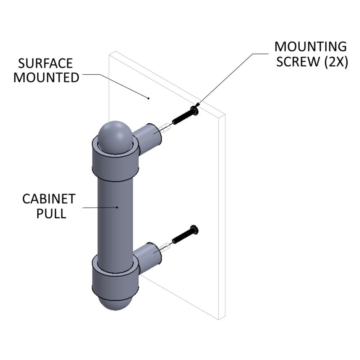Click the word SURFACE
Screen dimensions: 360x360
coord(45,63)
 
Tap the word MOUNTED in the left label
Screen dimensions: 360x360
coord(46,77)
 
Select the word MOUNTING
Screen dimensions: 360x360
coord(310,47)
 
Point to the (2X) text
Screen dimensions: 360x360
coord(336,62)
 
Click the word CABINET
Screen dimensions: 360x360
coord(49,199)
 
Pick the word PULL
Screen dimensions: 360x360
coord(51,213)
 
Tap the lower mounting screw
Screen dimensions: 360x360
coord(185,234)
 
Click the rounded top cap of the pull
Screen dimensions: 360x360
coord(115,136)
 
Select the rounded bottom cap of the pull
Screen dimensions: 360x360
coord(116,304)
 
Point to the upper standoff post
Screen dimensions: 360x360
coord(148,138)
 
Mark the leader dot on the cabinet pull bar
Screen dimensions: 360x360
coord(117,207)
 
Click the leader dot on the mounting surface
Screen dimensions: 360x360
coord(148,98)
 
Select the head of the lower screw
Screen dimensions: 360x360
coord(194,229)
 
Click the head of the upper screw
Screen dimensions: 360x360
coord(195,111)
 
